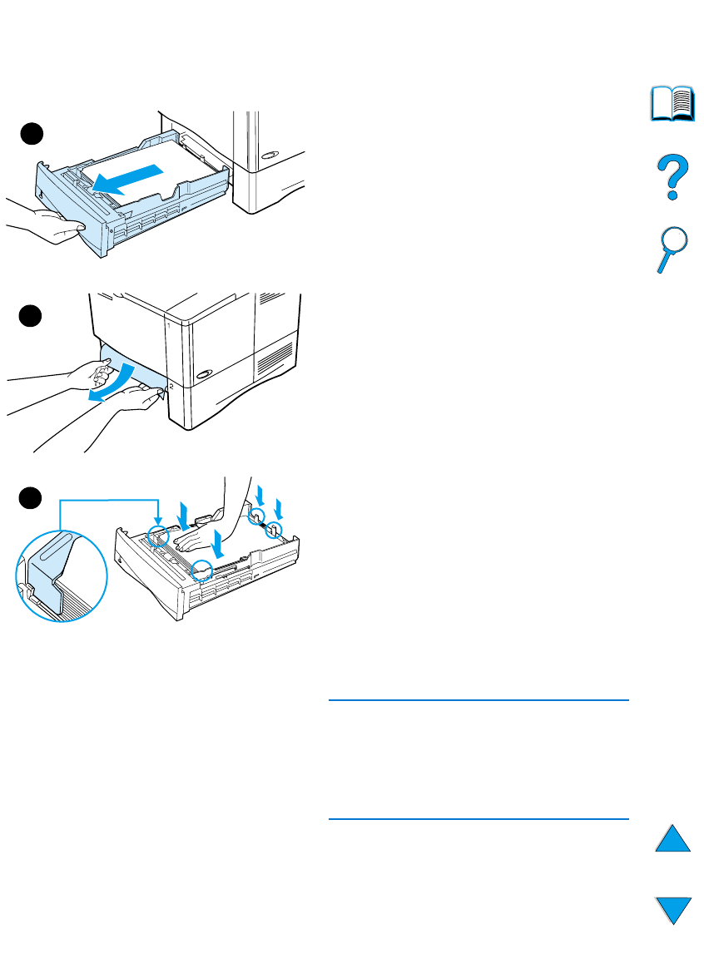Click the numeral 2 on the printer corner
pyautogui.click(x=171, y=388)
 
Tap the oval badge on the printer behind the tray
pyautogui.click(x=270, y=156)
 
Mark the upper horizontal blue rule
pyautogui.click(x=478, y=701)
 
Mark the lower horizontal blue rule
pyautogui.click(x=478, y=819)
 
